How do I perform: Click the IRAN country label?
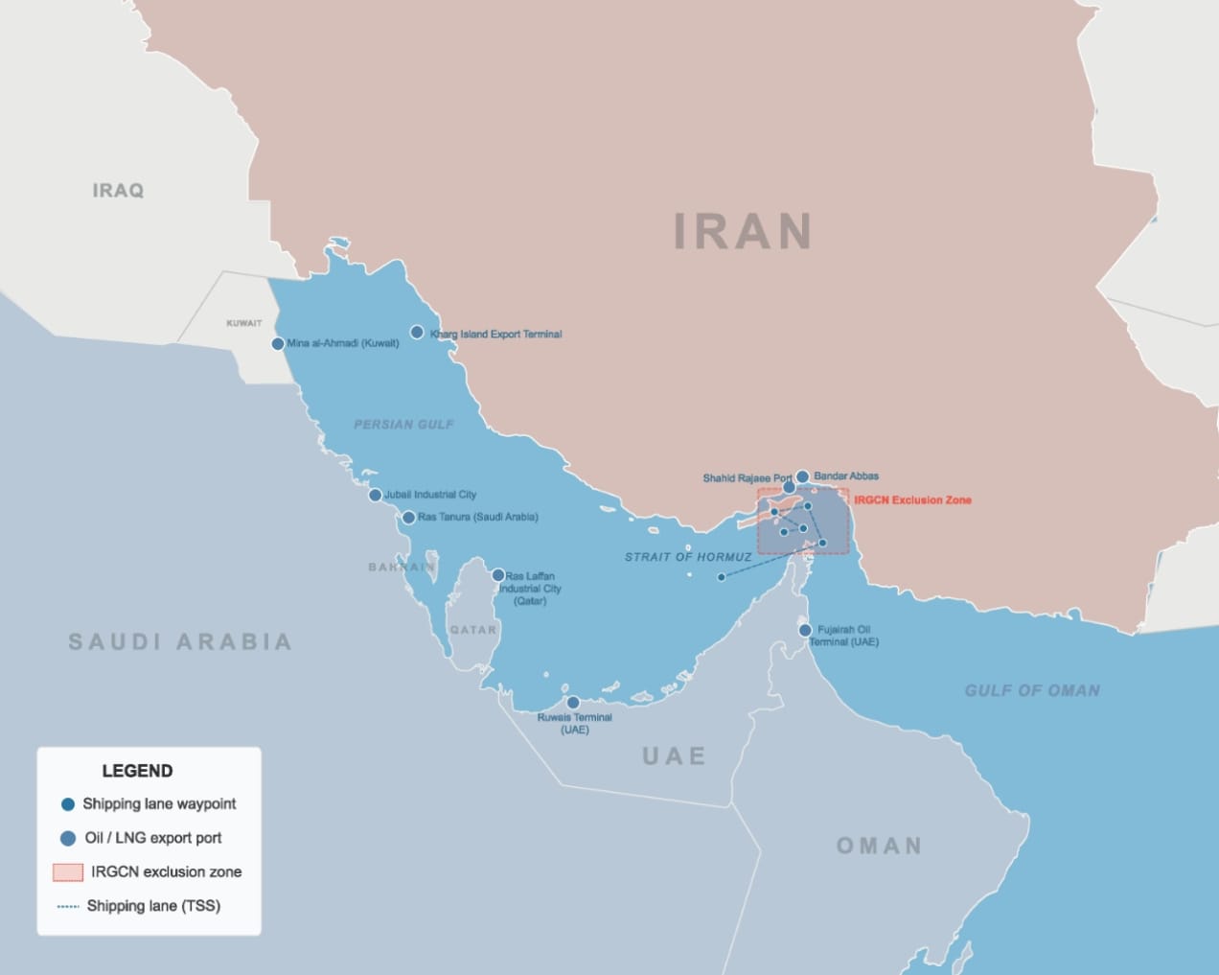point(743,231)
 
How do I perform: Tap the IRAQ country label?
point(118,191)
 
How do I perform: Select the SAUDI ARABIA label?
point(180,641)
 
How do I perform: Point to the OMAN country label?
point(879,846)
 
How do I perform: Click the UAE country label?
point(674,756)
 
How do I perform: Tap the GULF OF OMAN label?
point(1032,690)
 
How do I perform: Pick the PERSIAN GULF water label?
point(403,424)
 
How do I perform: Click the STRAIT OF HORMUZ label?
point(688,557)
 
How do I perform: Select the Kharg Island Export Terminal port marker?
point(417,333)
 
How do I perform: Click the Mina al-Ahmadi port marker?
point(278,343)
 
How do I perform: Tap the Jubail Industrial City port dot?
point(376,496)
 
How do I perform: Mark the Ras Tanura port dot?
point(408,518)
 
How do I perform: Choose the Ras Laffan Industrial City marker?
point(498,575)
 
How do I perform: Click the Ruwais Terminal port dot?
point(573,703)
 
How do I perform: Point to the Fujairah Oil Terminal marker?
point(805,630)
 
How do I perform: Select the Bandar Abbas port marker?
point(802,476)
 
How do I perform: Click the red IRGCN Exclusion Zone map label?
point(912,499)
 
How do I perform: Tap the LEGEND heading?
point(137,771)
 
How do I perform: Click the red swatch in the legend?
point(68,871)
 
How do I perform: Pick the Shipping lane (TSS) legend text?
point(153,906)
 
